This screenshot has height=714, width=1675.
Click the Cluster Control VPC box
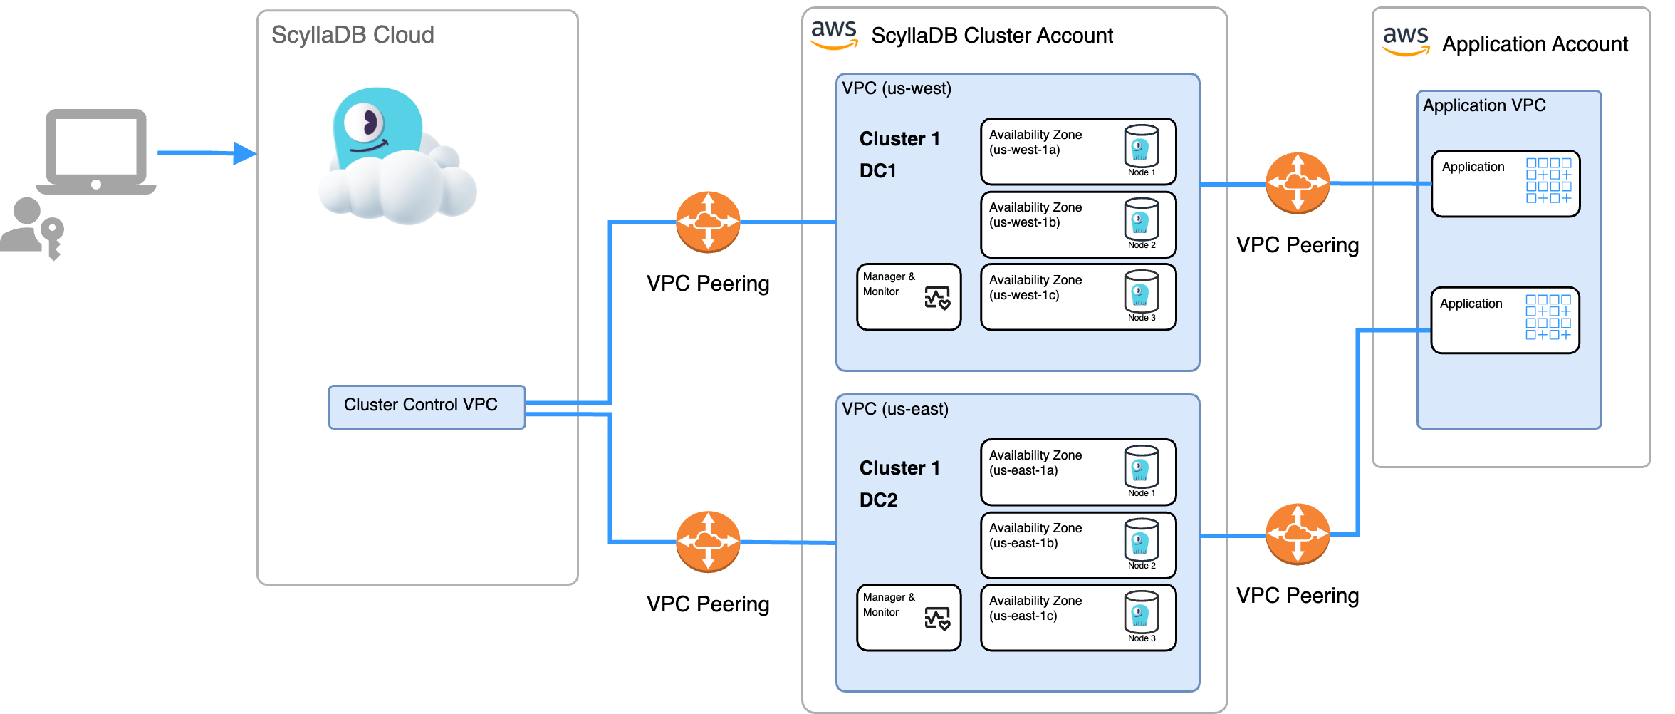click(427, 407)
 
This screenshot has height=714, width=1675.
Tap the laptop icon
click(96, 152)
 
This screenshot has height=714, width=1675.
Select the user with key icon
click(32, 228)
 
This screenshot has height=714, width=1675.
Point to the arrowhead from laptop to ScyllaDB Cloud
click(244, 153)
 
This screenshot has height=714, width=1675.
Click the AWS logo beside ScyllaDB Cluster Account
click(834, 34)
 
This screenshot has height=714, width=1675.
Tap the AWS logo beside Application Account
click(1405, 41)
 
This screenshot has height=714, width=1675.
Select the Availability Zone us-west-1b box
click(1077, 224)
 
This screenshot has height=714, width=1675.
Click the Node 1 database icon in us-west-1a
click(1141, 147)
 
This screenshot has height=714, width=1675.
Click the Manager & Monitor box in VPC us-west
click(909, 297)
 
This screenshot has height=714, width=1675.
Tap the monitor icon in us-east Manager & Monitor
click(937, 619)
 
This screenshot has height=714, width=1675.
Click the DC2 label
click(878, 500)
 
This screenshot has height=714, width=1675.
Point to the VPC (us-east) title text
click(895, 409)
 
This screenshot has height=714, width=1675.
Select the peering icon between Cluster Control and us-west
click(708, 222)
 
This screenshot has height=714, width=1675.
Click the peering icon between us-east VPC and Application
click(1298, 534)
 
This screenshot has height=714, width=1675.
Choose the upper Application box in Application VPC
click(1505, 183)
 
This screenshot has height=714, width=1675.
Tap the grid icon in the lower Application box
click(1548, 317)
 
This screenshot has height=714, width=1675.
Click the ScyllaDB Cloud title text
click(353, 35)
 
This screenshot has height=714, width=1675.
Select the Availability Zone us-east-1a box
click(1077, 472)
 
